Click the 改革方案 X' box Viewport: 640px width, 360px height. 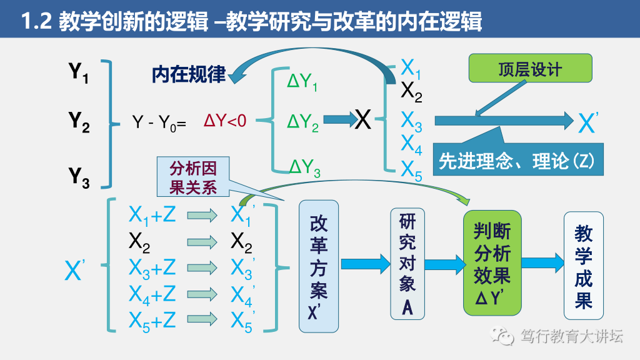pos(319,266)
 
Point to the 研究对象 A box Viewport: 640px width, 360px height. pos(407,262)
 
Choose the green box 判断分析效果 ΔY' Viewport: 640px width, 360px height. pos(492,262)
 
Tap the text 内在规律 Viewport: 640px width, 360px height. pos(188,74)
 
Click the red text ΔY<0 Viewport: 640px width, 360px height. pos(225,121)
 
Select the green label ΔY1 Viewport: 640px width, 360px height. pos(302,82)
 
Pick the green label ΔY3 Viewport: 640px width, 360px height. pos(304,167)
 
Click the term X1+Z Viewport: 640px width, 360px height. pos(152,215)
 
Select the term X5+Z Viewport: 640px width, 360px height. pos(152,321)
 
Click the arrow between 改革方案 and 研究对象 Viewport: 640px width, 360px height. pos(365,263)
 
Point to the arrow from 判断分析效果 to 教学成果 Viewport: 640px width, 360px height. pos(542,262)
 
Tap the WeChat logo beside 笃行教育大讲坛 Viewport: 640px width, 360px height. pos(502,336)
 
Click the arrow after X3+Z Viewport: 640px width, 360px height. pos(202,268)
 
